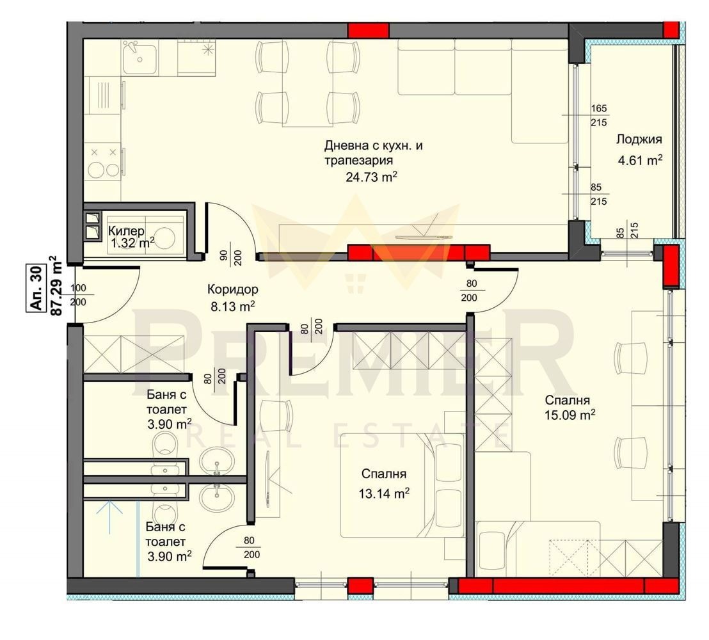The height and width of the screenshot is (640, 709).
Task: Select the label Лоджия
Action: [639, 140]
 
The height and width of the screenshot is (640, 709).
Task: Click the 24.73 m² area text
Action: [372, 177]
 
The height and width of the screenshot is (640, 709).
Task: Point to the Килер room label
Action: [126, 230]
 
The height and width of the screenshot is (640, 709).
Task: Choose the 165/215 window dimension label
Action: [599, 115]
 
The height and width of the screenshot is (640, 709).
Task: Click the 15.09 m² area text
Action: [570, 415]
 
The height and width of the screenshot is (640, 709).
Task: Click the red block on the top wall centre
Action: [368, 30]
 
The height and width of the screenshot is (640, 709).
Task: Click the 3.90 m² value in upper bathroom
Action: [166, 424]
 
